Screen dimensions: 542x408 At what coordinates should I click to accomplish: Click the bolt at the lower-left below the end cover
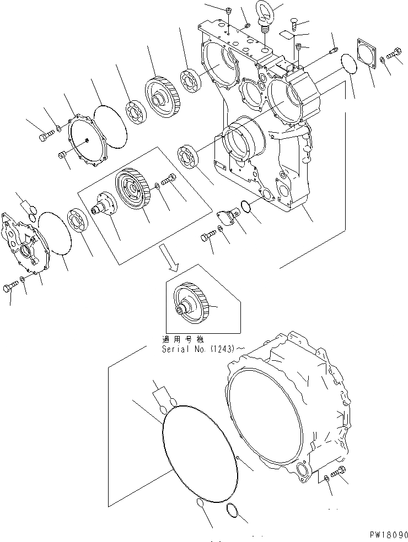point(12,286)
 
